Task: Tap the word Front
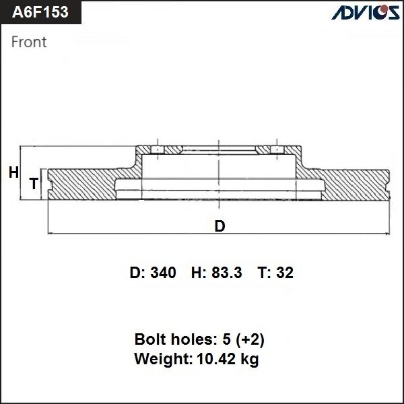coord(29,42)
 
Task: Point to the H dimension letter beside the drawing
coord(13,173)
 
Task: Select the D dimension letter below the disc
coord(220,226)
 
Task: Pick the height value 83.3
coord(230,273)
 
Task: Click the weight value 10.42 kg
coord(226,360)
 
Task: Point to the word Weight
coord(162,360)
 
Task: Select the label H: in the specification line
coord(199,273)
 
